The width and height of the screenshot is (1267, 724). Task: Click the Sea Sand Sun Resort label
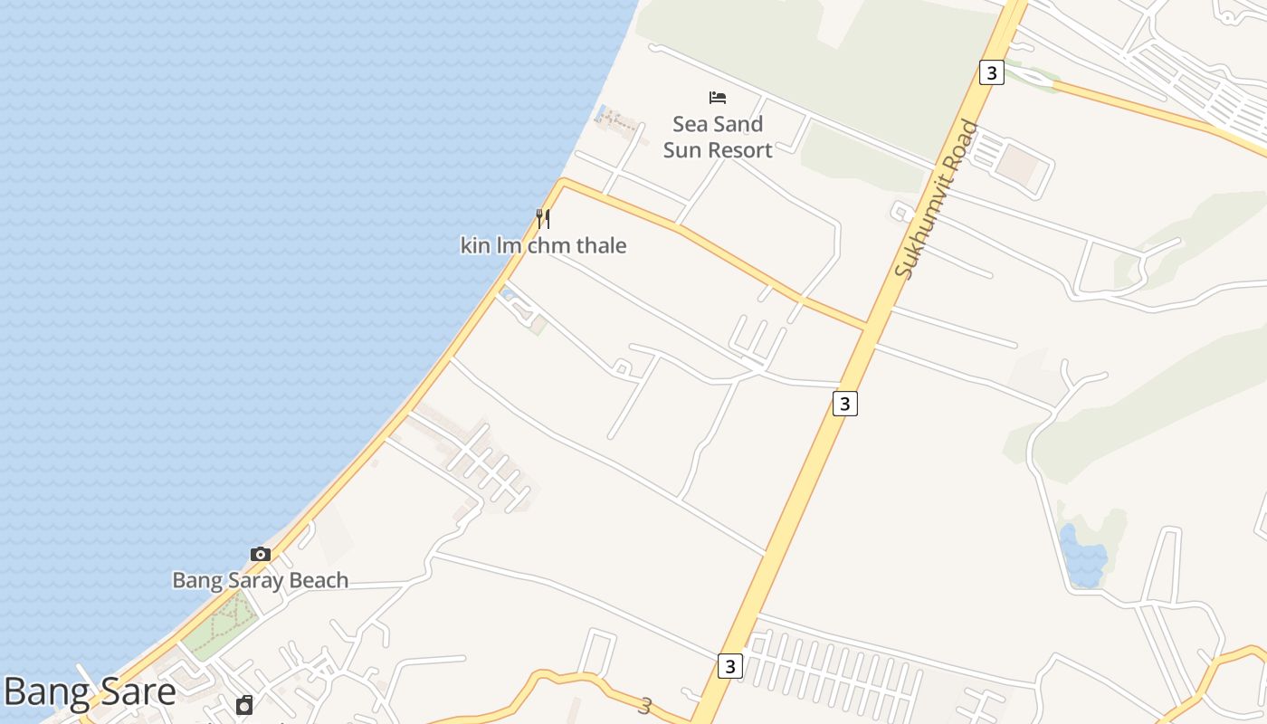(718, 137)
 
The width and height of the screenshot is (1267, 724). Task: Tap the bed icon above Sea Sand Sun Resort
(718, 98)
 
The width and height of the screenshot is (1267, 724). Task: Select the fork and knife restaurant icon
(543, 218)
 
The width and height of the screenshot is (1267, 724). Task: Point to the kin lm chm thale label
(543, 245)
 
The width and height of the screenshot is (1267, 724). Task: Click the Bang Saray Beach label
(261, 580)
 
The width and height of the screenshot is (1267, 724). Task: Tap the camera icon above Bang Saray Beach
(261, 554)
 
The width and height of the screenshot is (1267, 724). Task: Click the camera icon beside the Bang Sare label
(244, 705)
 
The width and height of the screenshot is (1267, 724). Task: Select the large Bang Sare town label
(90, 692)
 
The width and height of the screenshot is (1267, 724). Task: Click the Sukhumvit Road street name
(937, 199)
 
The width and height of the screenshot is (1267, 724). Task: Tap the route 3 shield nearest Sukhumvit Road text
(992, 72)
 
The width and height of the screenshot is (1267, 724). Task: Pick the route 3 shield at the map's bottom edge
(730, 666)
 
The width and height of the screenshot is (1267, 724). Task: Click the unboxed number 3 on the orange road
(645, 706)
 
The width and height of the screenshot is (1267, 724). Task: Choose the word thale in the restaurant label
(596, 245)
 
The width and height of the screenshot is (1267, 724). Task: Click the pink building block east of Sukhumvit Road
(1019, 164)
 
